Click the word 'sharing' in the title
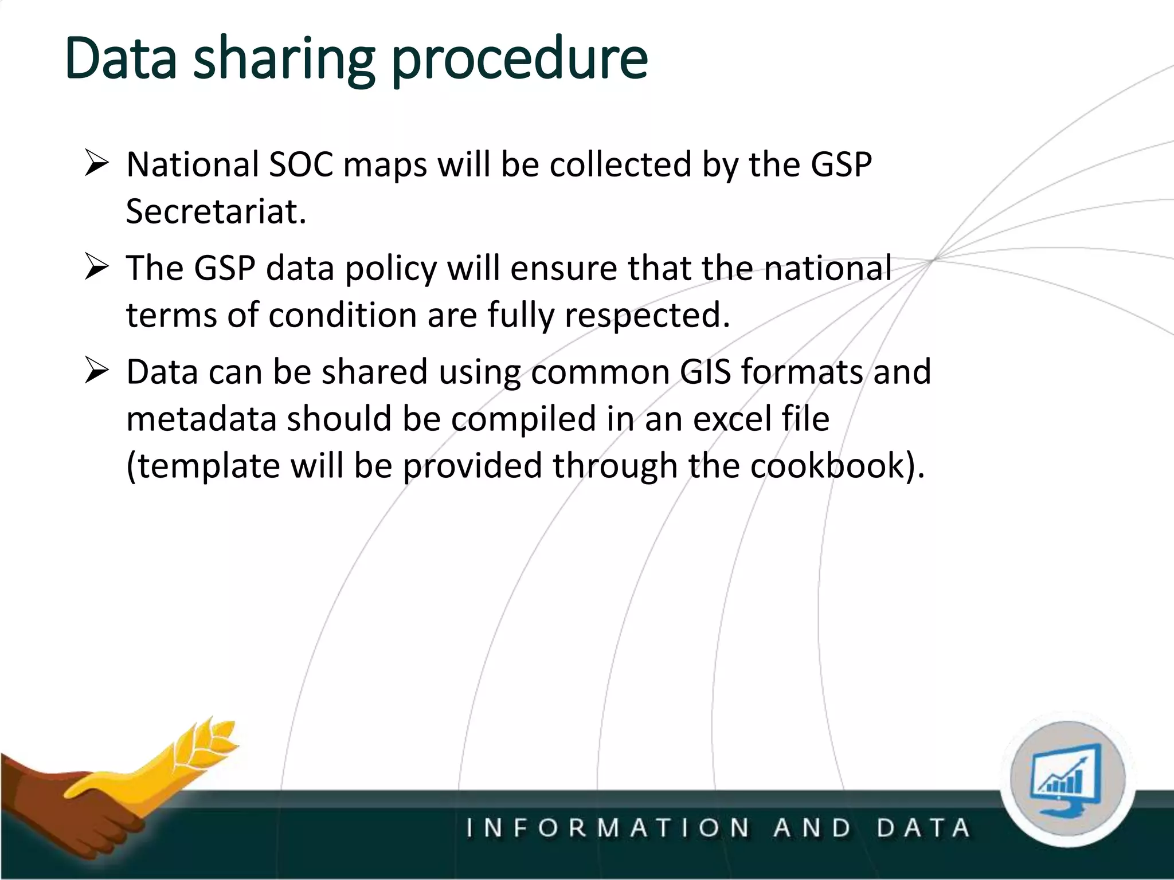(284, 59)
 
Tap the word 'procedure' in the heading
(519, 59)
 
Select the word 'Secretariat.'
(216, 211)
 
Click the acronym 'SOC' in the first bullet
(301, 164)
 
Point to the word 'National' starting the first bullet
(193, 164)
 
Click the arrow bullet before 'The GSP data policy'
(96, 267)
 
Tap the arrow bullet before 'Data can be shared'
(96, 370)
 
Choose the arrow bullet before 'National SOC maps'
(96, 163)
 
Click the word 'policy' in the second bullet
(391, 268)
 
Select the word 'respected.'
(647, 315)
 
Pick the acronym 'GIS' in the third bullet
(705, 371)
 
